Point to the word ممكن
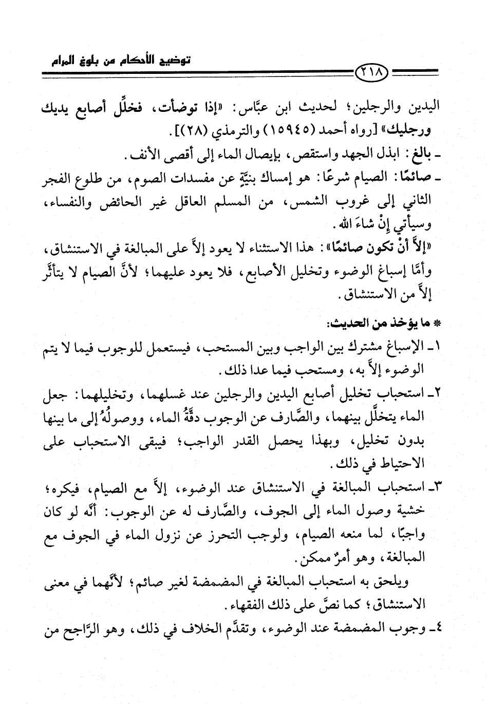click(x=316, y=558)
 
